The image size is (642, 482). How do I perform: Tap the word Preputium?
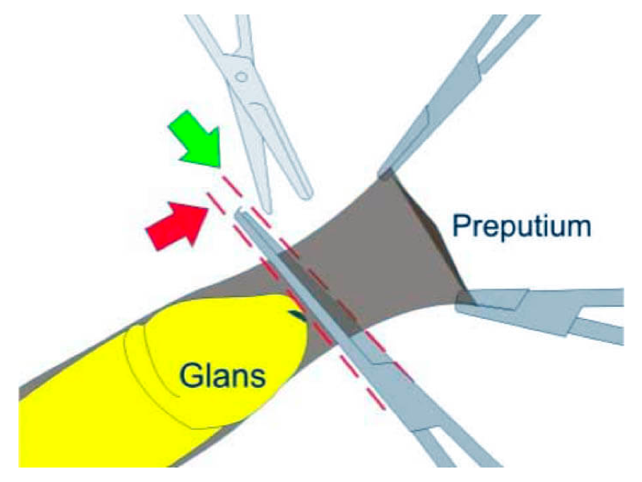521,226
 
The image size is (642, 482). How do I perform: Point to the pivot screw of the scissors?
241,76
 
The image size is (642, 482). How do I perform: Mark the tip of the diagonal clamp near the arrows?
240,212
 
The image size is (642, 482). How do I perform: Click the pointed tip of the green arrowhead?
218,167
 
